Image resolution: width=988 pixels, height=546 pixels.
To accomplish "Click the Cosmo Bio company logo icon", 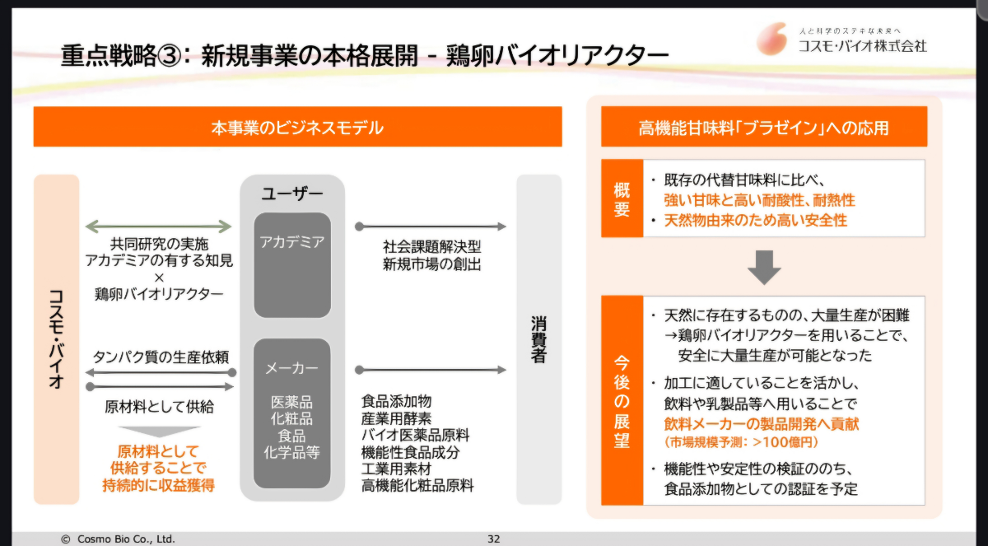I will tap(773, 39).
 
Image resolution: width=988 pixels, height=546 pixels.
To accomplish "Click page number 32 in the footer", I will tap(494, 539).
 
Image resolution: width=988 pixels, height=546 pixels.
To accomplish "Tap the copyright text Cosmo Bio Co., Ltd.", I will tap(119, 539).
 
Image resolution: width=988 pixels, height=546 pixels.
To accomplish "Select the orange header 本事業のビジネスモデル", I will tap(297, 128).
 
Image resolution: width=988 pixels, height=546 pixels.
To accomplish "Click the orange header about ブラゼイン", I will tap(763, 128).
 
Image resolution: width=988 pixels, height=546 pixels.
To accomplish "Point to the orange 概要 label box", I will tap(622, 198).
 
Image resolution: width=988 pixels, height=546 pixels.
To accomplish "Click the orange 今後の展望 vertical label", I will tap(622, 400).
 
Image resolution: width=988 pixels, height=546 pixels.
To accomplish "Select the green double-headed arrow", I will tap(159, 226).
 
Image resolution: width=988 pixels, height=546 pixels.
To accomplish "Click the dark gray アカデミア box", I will tap(292, 264).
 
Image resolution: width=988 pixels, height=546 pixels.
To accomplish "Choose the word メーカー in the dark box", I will tap(292, 368).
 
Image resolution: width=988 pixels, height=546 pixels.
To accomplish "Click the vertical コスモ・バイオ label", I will tap(56, 339).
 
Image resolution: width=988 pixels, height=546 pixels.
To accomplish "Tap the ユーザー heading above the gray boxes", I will tap(292, 194).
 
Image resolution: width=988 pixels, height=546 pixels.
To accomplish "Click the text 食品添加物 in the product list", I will tap(396, 402).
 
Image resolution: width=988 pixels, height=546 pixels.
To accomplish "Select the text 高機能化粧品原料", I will tap(417, 486).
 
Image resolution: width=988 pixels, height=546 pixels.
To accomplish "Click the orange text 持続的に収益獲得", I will tap(159, 485).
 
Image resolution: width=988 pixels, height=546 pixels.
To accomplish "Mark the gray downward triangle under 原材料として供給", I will tap(159, 432).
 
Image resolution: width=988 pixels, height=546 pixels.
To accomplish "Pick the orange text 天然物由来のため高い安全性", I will tap(756, 221).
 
